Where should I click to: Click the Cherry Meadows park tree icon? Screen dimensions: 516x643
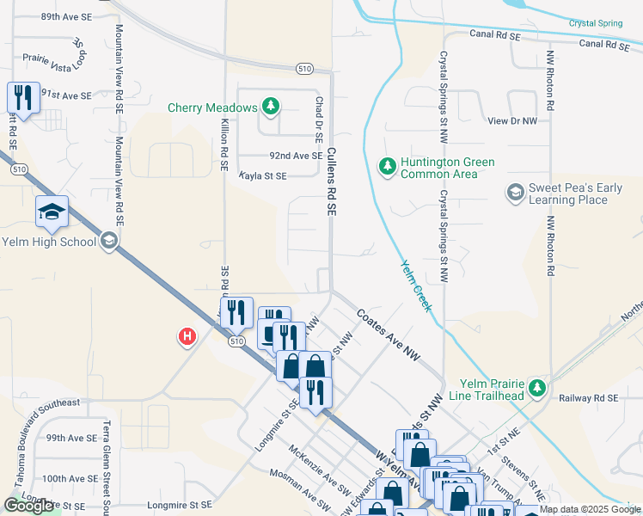point(271,107)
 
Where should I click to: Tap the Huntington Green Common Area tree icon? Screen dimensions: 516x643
point(388,165)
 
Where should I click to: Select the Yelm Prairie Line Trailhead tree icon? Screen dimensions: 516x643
point(537,388)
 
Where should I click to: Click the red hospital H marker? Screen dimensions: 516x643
point(186,336)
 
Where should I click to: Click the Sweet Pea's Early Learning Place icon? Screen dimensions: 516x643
point(516,192)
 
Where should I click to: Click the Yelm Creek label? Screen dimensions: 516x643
point(416,286)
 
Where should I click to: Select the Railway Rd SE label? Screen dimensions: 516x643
point(589,398)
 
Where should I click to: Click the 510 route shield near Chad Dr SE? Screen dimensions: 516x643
point(304,68)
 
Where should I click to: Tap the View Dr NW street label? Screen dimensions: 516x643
point(511,121)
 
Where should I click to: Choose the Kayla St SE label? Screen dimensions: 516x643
point(262,175)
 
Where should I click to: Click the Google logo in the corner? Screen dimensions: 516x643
point(28,506)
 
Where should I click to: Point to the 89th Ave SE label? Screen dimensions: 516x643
point(65,16)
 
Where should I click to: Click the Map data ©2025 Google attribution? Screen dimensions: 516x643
point(589,509)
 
